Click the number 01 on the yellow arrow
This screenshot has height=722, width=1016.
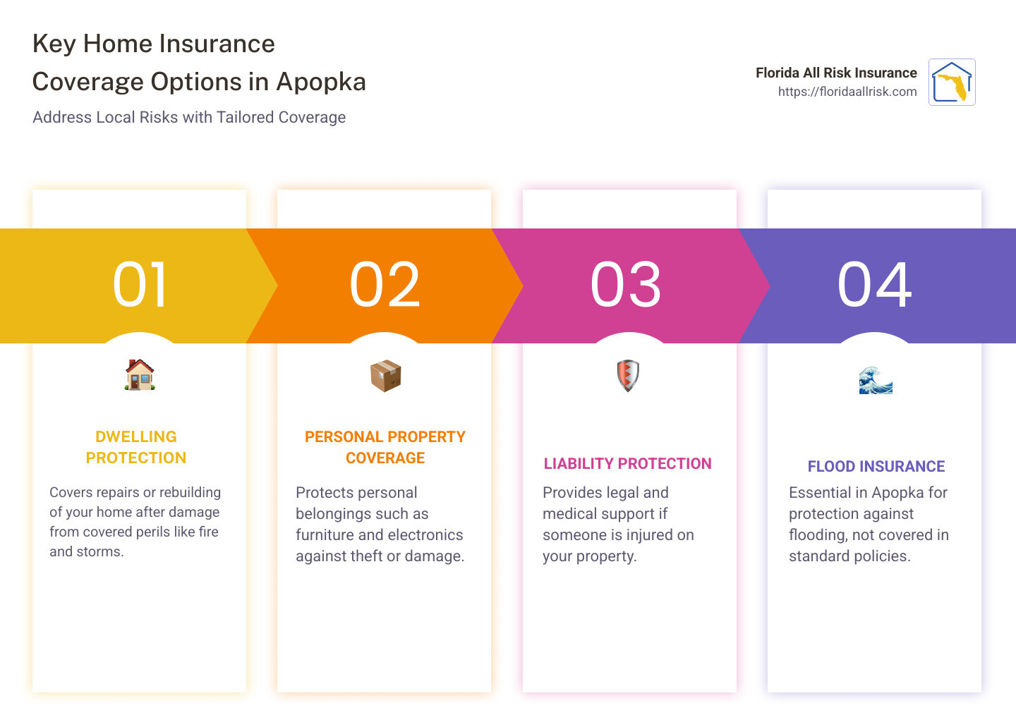click(140, 285)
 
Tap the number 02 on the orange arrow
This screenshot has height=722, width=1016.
click(385, 285)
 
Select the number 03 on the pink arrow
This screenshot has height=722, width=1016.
click(627, 285)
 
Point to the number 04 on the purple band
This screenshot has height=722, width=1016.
click(875, 285)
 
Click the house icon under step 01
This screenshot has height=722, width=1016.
click(140, 375)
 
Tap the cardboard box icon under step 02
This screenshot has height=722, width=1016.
click(385, 376)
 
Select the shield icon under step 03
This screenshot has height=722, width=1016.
click(628, 376)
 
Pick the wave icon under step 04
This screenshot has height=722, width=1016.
click(876, 381)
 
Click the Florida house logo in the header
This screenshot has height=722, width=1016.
click(952, 82)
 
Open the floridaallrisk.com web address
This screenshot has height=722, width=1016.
click(847, 92)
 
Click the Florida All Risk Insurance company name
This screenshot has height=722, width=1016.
click(836, 73)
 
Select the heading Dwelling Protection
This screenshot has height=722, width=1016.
click(136, 447)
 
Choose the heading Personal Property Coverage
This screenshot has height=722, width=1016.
click(385, 447)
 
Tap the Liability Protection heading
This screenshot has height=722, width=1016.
click(627, 464)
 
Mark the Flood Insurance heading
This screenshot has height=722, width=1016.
click(876, 467)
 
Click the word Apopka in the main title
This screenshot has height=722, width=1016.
click(321, 82)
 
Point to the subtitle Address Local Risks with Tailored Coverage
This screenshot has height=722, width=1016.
click(189, 117)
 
